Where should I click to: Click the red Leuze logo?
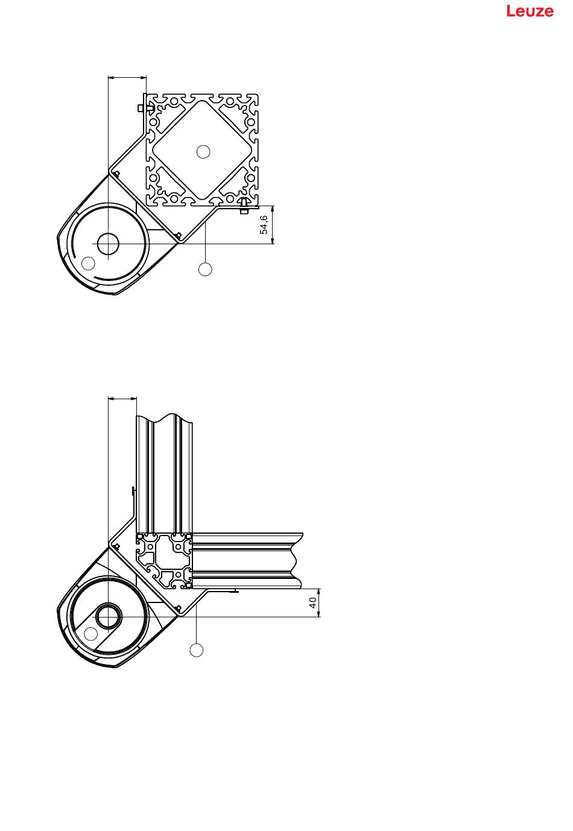(530, 11)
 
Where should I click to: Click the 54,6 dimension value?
(264, 225)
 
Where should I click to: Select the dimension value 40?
(313, 602)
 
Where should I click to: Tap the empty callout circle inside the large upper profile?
(203, 151)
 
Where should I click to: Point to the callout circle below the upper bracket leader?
(205, 270)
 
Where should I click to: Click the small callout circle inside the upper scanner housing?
(88, 263)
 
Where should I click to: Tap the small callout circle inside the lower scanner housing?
(90, 634)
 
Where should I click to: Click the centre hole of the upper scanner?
(108, 244)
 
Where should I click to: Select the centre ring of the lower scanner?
(109, 616)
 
